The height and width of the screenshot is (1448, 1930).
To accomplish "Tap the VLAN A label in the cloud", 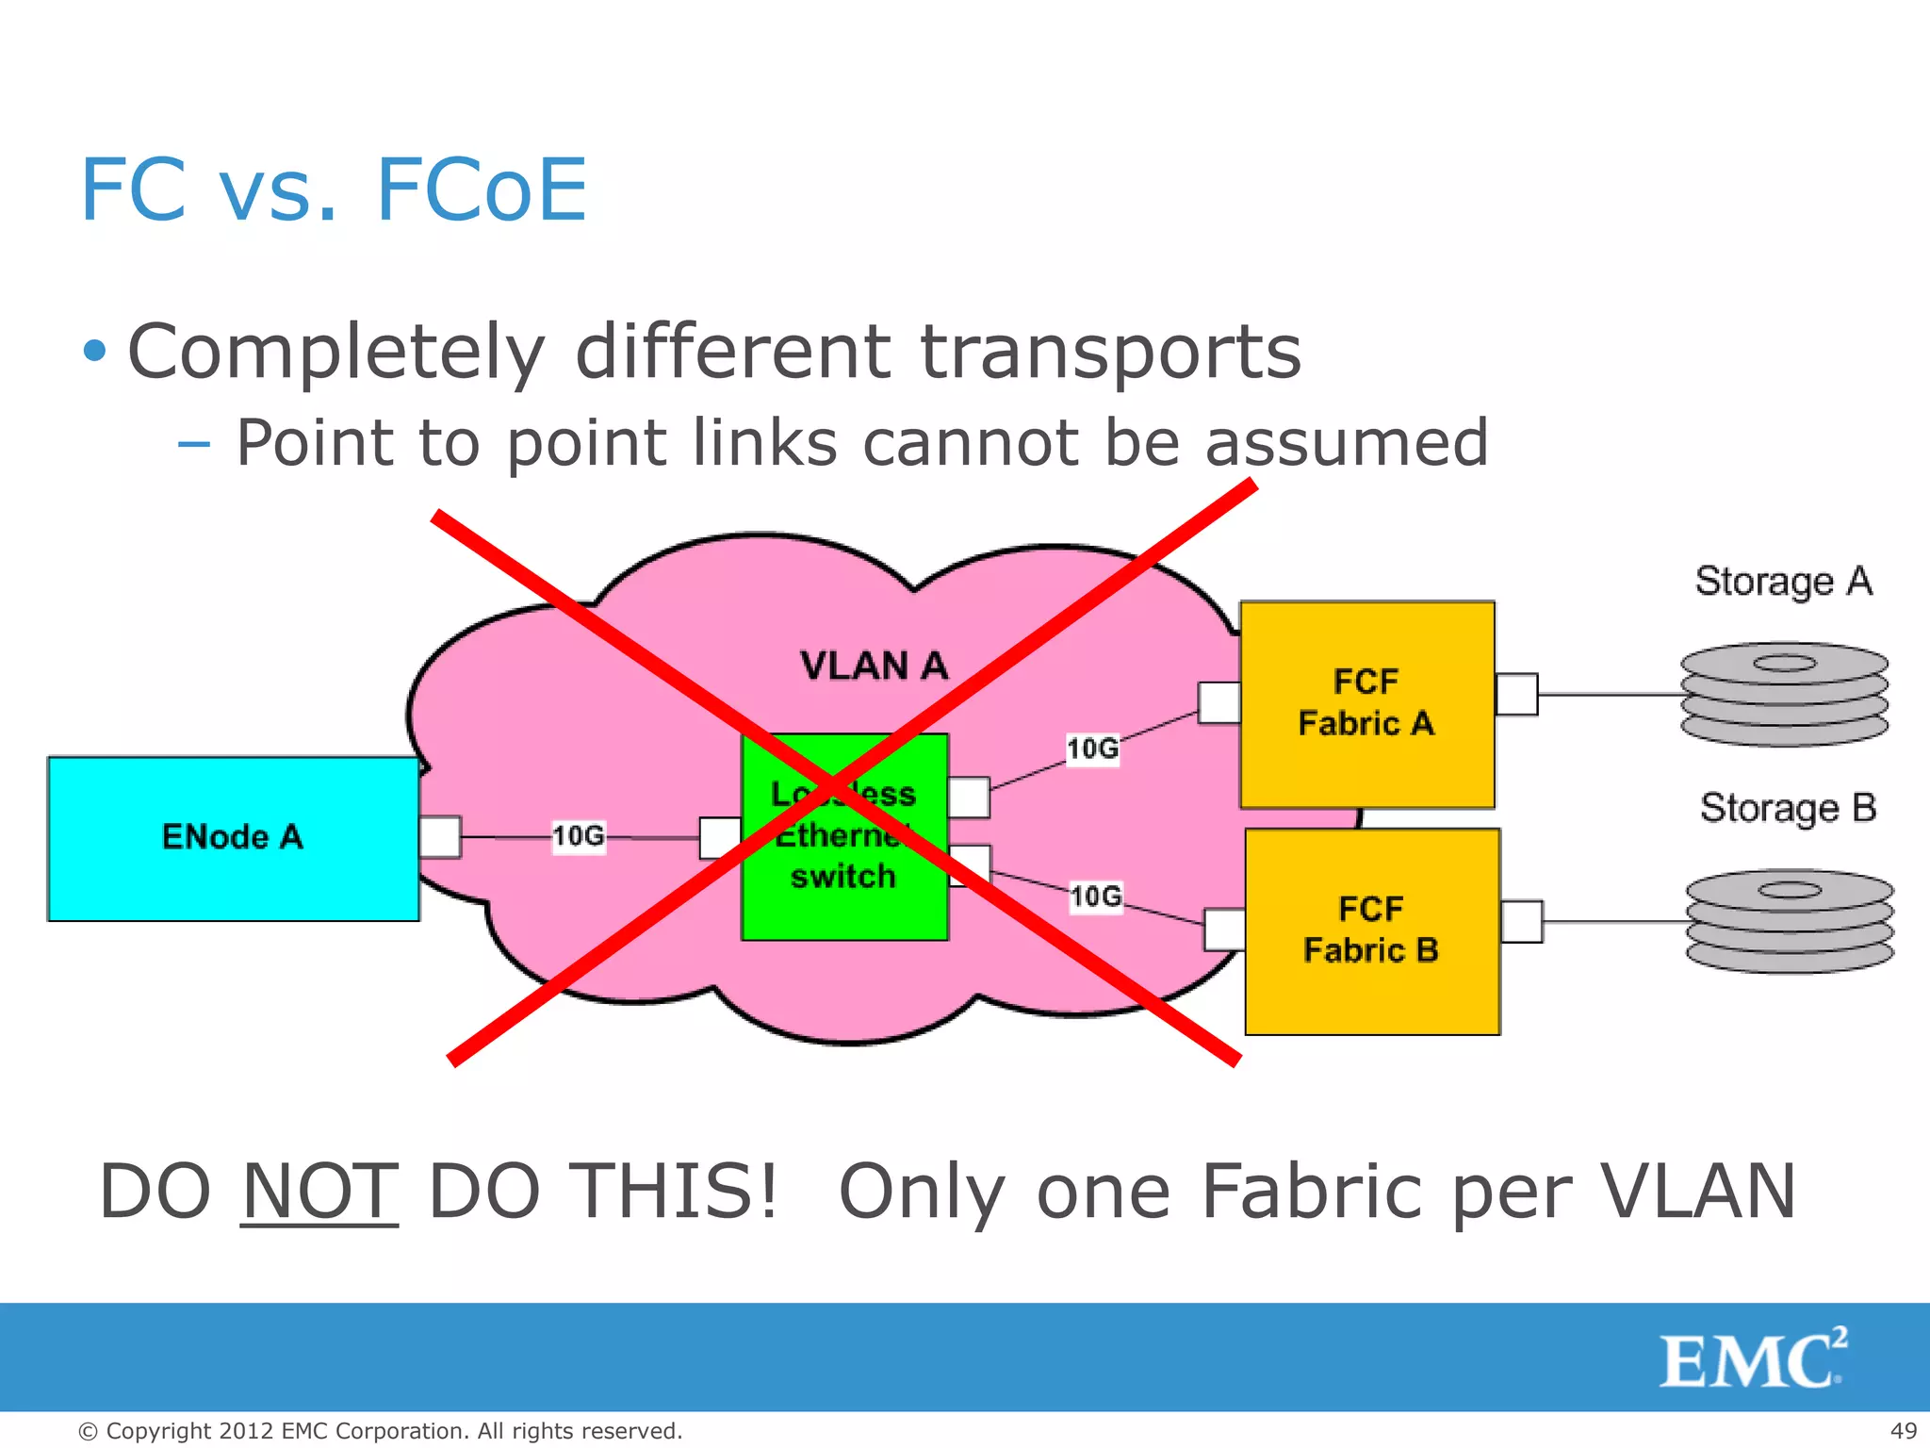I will point(874,666).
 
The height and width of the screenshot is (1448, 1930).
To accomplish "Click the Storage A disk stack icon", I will point(1784,694).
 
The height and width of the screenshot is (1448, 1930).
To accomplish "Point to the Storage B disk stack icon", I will point(1789,921).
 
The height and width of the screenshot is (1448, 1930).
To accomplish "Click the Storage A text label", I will point(1783,582).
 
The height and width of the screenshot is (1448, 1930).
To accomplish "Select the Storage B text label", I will point(1788,809).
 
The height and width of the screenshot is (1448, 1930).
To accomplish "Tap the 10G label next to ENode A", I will point(578,836).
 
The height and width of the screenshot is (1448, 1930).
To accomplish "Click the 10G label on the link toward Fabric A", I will point(1092,749).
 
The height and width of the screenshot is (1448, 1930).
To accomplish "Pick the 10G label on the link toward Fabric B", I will point(1096,896).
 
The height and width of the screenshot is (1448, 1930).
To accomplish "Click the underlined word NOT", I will point(319,1192).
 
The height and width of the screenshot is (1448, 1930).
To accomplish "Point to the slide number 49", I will point(1904,1430).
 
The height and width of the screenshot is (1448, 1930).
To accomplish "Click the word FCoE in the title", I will point(481,190).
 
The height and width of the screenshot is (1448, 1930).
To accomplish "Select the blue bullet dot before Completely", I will point(94,352).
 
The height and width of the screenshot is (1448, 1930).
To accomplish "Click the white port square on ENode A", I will point(440,836).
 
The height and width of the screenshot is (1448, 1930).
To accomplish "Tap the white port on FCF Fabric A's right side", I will point(1516,694).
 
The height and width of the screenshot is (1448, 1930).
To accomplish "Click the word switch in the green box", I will point(842,877).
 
